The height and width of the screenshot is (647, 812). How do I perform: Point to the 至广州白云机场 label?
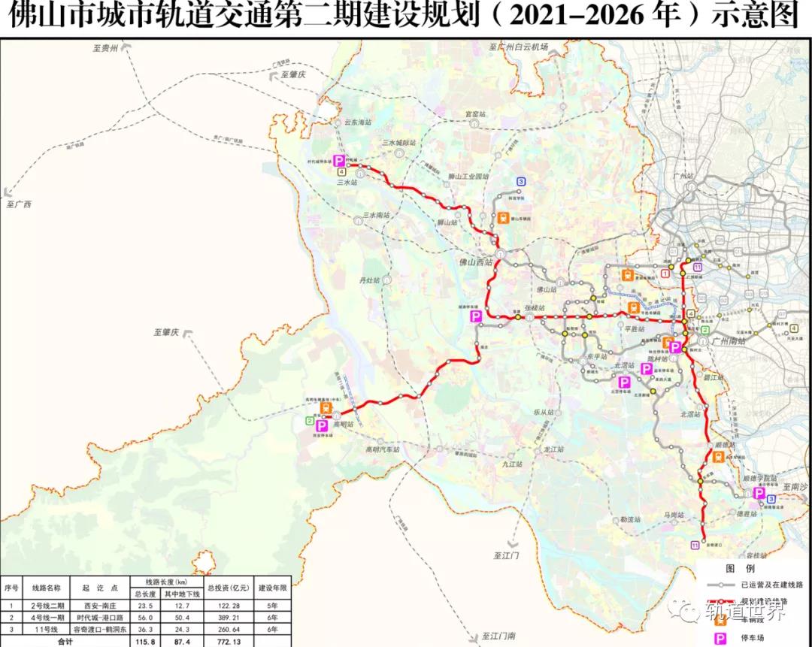[x=520, y=47]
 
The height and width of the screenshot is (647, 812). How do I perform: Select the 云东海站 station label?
[x=357, y=122]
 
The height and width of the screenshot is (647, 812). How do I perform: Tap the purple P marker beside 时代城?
[x=339, y=161]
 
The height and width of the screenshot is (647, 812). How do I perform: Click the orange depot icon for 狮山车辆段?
[x=501, y=218]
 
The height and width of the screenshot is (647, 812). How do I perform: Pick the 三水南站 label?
[x=376, y=216]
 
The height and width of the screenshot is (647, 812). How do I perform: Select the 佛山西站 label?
[x=476, y=263]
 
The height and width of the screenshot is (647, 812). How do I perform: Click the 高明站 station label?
[x=342, y=425]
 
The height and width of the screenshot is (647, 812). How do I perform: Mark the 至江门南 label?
[x=499, y=636]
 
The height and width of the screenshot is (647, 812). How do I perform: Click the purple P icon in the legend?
[x=720, y=638]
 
